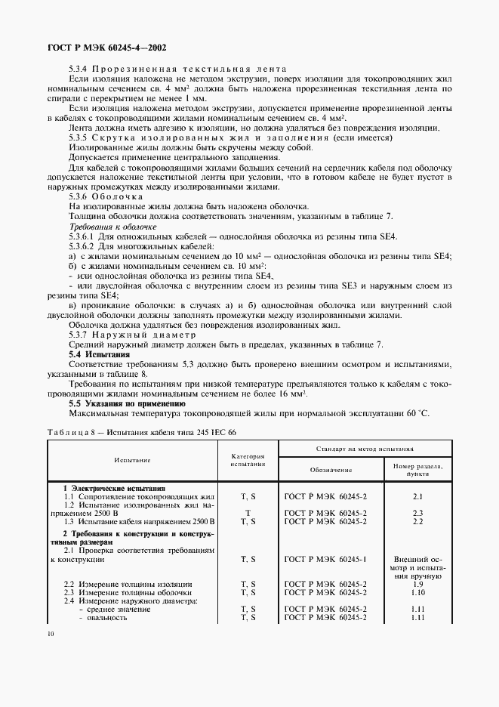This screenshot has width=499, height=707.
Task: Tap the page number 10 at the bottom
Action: coord(50,634)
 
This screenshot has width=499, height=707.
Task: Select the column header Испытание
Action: coord(133,459)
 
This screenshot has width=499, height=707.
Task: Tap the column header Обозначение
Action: coord(331,469)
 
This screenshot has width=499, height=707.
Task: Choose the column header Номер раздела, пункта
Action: coord(417,470)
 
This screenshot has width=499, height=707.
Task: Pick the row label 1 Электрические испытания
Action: coord(114,488)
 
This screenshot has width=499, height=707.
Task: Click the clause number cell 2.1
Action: coord(417,496)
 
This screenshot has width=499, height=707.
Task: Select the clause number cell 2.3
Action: coord(417,513)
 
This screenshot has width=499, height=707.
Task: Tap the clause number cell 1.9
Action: coord(417,585)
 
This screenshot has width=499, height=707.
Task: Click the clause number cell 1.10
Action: coord(417,593)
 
